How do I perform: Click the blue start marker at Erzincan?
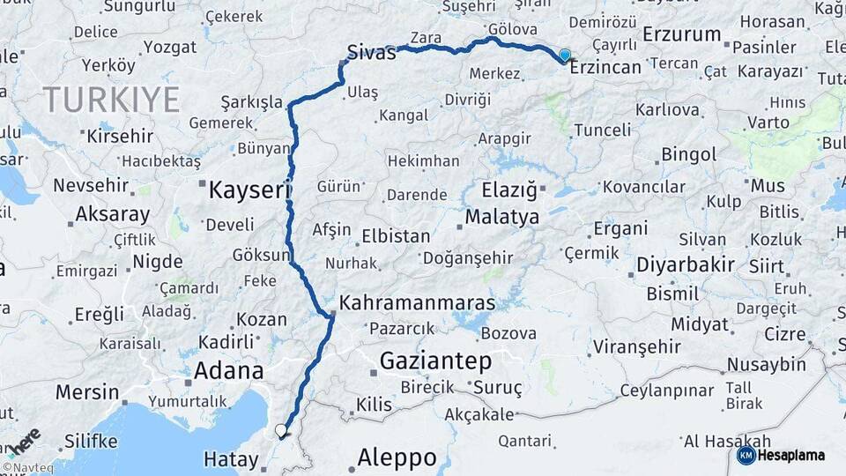(x=565, y=55)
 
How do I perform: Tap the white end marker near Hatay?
(x=281, y=430)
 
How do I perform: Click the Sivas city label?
(x=371, y=52)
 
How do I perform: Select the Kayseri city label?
(x=249, y=189)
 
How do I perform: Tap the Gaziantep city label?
(x=435, y=360)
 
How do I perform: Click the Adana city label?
(x=228, y=369)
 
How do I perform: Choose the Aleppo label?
(x=397, y=457)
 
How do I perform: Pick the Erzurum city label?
(x=682, y=34)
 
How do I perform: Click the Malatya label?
(x=501, y=217)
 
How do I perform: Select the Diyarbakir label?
(x=686, y=265)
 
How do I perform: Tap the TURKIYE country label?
(x=111, y=99)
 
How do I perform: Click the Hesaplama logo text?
(x=793, y=455)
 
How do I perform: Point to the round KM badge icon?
(x=746, y=455)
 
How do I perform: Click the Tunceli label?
(x=602, y=130)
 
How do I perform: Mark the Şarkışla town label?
(x=251, y=101)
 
